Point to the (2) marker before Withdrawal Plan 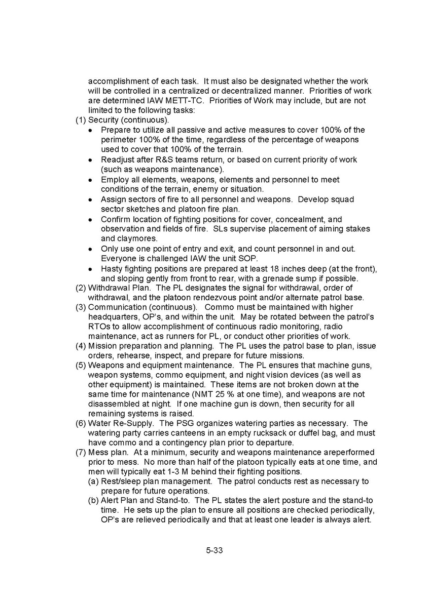pyautogui.click(x=81, y=288)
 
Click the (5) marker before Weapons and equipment pyautogui.click(x=81, y=365)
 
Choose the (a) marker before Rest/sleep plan pyautogui.click(x=94, y=481)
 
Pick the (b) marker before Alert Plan pyautogui.click(x=94, y=500)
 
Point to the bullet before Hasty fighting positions pyautogui.click(x=90, y=268)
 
